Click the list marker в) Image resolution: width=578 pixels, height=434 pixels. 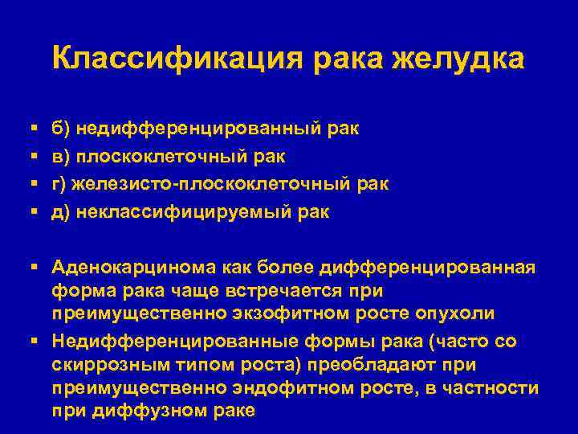coord(61,155)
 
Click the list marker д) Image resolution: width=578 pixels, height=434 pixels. coord(61,211)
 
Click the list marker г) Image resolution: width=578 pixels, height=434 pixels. coord(60,183)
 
